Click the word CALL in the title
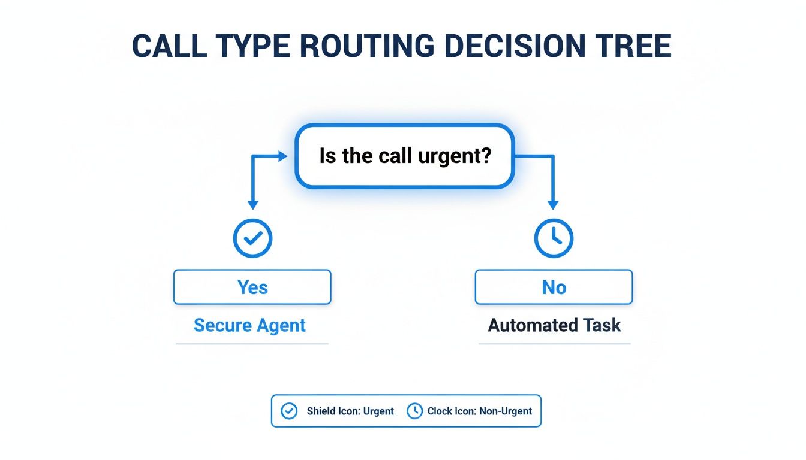[170, 46]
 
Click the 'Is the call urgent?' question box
[405, 156]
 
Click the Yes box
[252, 287]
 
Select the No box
[554, 287]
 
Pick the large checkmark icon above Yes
[252, 238]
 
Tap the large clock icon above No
[554, 238]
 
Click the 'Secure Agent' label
[249, 325]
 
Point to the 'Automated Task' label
[554, 325]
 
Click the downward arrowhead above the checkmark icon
[252, 204]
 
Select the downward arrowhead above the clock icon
[553, 204]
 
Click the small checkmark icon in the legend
[289, 411]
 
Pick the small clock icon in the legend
[414, 411]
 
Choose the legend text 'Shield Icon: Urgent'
[350, 411]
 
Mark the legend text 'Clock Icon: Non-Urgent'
[480, 411]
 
